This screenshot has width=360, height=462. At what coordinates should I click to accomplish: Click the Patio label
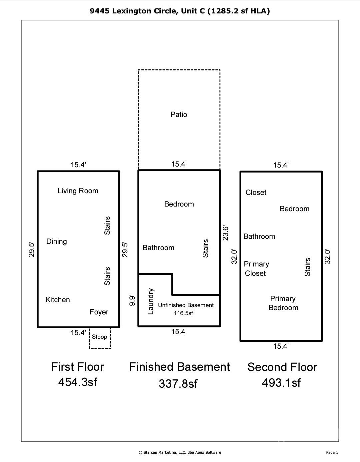[x=179, y=115]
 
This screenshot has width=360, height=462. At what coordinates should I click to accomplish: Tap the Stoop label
[x=99, y=337]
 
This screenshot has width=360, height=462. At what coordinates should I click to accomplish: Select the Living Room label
[x=78, y=191]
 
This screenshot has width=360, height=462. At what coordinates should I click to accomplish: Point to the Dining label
[x=57, y=241]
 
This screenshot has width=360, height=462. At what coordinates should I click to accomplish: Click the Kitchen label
[x=58, y=299]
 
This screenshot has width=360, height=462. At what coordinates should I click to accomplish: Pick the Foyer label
[x=99, y=312]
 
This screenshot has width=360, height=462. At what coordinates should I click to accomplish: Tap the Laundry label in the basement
[x=150, y=301]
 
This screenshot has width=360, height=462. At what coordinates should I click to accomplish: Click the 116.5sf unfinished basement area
[x=183, y=313]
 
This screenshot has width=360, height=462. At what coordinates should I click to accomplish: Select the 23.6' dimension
[x=225, y=233]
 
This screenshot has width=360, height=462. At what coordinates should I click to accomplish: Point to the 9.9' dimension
[x=132, y=300]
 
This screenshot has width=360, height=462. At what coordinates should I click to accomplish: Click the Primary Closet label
[x=256, y=268]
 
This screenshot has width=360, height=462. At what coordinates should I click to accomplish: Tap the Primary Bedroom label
[x=283, y=303]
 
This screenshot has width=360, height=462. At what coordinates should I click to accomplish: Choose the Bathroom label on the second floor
[x=259, y=236]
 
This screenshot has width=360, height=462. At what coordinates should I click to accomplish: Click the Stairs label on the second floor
[x=307, y=267]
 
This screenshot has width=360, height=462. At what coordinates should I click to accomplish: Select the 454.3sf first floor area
[x=78, y=382]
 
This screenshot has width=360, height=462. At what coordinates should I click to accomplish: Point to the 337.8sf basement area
[x=178, y=383]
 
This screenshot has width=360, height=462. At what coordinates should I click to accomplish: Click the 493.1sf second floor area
[x=281, y=382]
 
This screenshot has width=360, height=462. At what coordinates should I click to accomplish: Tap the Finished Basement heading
[x=180, y=367]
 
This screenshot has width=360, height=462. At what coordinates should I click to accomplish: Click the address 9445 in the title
[x=100, y=11]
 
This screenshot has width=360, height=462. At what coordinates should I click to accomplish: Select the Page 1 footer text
[x=332, y=452]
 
